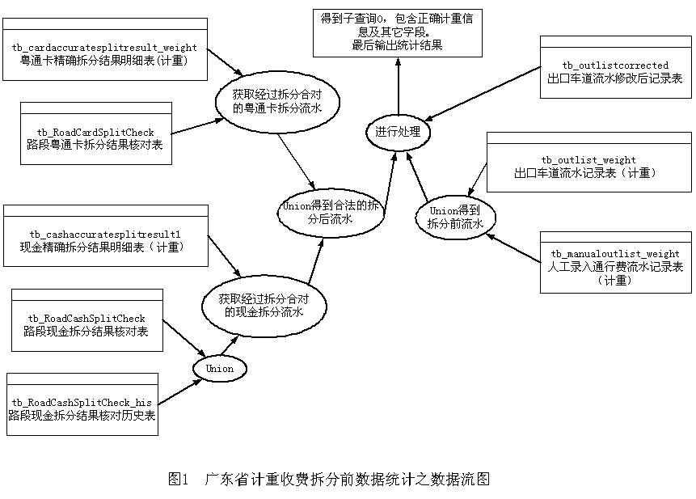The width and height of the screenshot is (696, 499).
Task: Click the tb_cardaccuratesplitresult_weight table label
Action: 104,49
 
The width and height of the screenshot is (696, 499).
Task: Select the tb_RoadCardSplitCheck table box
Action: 95,133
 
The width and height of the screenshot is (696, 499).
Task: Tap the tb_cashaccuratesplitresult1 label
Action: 104,234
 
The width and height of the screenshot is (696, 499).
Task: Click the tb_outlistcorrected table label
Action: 615,65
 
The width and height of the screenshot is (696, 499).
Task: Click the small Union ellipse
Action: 219,369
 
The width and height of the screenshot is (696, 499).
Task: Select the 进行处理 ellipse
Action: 397,131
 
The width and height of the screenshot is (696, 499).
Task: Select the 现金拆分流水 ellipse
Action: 264,306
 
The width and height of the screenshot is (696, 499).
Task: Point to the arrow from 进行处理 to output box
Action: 398,89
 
